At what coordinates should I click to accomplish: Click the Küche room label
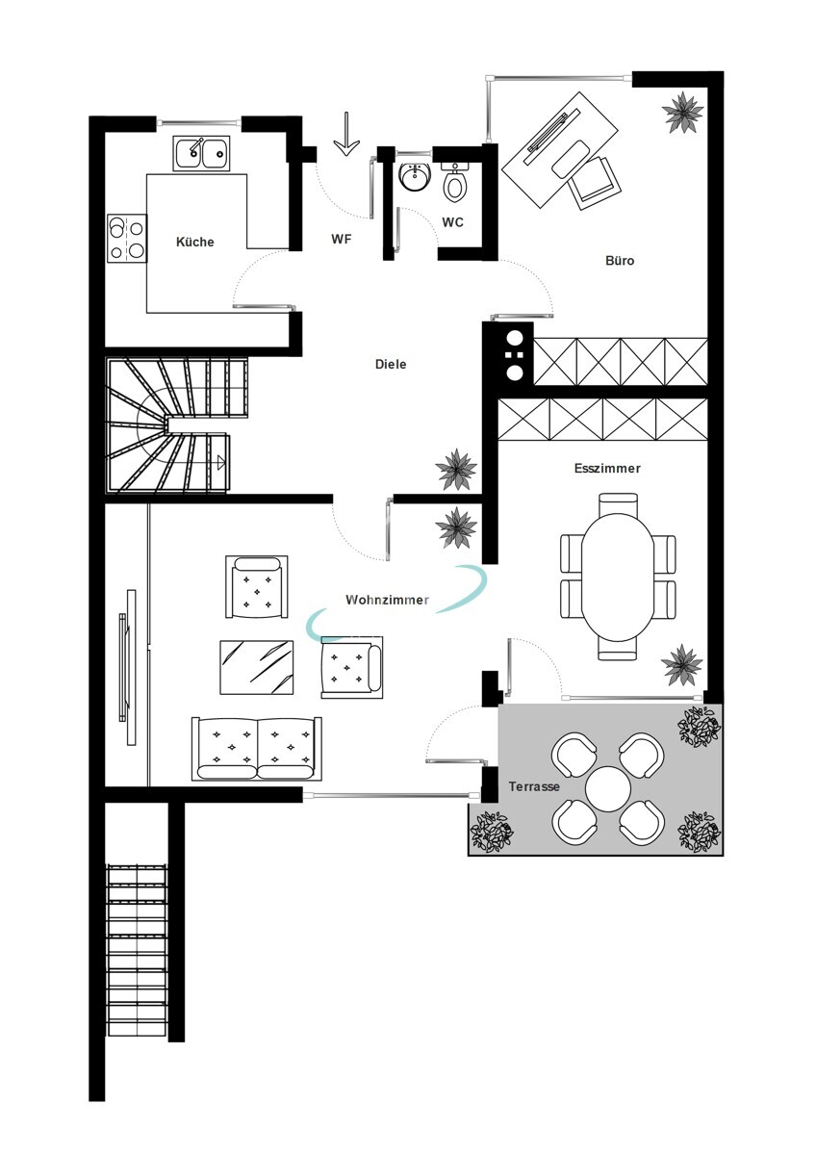(194, 242)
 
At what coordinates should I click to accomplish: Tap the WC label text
(452, 222)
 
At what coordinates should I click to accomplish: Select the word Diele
(391, 364)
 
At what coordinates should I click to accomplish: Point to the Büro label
(620, 261)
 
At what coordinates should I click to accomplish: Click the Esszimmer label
(607, 468)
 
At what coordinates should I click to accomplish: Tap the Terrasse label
(534, 786)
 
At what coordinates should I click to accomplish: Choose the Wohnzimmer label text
(387, 600)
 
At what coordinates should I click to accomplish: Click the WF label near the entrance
(342, 239)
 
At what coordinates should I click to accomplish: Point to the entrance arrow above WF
(345, 134)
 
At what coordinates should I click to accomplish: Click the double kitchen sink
(201, 153)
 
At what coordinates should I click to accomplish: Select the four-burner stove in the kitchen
(127, 239)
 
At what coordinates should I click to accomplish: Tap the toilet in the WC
(454, 183)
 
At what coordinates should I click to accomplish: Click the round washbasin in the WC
(416, 177)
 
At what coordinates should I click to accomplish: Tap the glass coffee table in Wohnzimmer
(257, 667)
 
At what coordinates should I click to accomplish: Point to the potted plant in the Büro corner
(682, 113)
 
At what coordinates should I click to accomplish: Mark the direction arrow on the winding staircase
(221, 462)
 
